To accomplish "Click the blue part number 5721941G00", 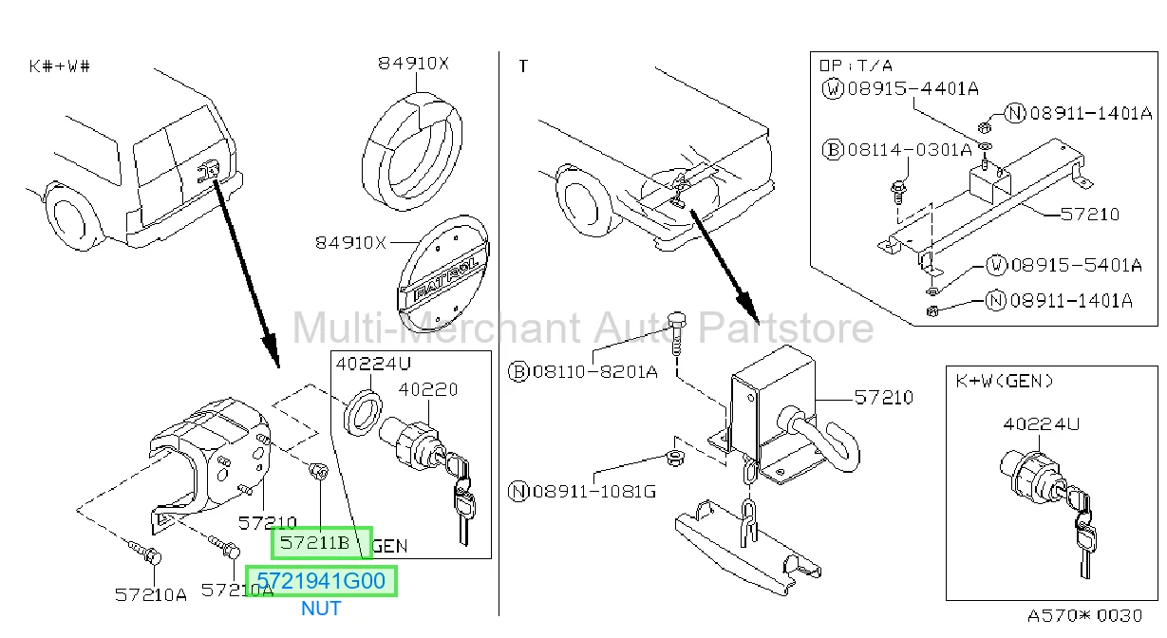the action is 321,581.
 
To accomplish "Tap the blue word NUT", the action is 321,609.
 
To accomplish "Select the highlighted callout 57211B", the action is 314,543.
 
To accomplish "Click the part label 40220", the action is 427,389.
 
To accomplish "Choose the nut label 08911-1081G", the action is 594,491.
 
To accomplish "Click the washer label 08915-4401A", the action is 913,88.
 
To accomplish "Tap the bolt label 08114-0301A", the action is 910,150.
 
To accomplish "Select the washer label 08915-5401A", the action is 1077,265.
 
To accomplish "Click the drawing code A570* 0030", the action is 1084,616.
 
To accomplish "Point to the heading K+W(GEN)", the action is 1005,382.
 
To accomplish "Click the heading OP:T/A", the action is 856,66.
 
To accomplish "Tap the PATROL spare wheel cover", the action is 443,273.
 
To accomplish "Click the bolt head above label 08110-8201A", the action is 677,319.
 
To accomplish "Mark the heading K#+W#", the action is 60,66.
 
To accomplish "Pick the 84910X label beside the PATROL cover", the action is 350,243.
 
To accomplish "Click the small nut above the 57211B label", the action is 319,471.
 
